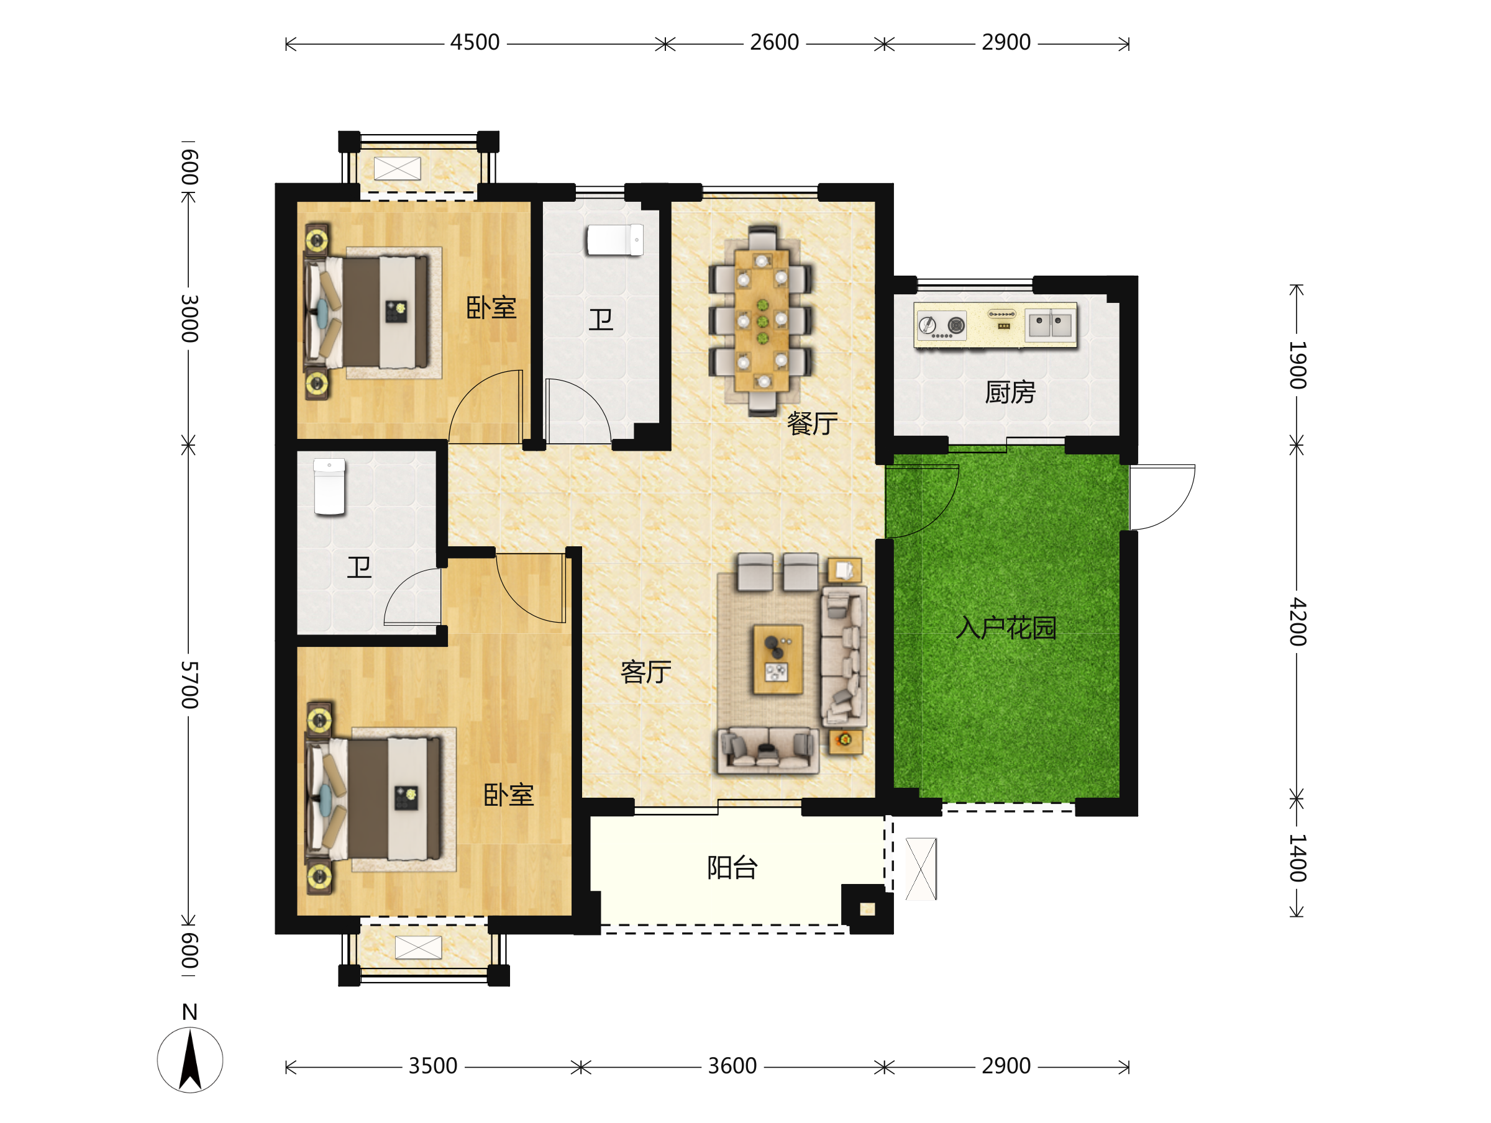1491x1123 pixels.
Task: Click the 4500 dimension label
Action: (475, 42)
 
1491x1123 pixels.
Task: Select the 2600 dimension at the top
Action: (775, 42)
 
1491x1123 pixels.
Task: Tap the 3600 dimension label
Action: (732, 1066)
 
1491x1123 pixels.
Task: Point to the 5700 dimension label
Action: (189, 685)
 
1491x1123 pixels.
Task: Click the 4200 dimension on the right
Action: (1298, 622)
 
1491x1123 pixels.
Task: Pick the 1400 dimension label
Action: (1298, 857)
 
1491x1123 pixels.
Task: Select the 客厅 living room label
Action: (645, 672)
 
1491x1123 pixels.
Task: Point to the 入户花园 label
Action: (1006, 628)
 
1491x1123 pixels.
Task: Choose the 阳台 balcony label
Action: (732, 868)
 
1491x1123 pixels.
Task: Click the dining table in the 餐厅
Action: (762, 321)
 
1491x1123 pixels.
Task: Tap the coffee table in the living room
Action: (777, 659)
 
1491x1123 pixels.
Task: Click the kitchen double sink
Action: (1049, 325)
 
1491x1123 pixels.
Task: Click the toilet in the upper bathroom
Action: (615, 240)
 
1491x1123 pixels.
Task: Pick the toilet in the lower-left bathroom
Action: (330, 487)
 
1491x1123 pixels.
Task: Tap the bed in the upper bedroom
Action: (372, 313)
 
